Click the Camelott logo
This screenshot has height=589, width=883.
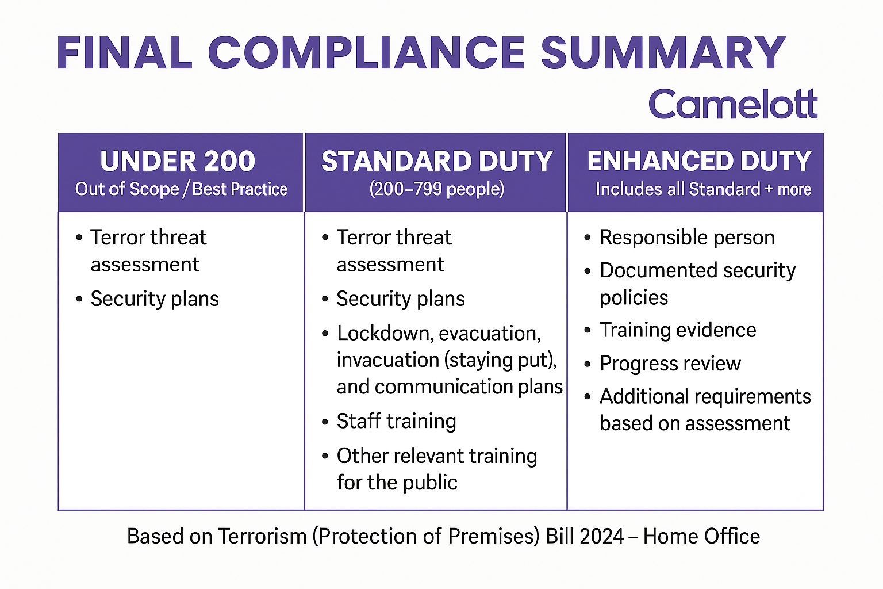coord(733,104)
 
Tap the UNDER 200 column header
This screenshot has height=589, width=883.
coord(178,161)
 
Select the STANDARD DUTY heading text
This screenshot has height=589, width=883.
coord(436,161)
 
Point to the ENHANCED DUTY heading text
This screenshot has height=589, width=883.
coord(699,161)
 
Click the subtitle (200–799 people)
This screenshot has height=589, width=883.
coord(436,189)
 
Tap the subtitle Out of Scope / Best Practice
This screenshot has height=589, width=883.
coord(181,189)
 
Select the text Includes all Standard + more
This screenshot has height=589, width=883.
coord(703,189)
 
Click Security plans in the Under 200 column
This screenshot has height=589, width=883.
coord(155,299)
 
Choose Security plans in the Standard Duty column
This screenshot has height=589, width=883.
coord(401,299)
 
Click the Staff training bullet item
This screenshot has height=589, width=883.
coord(396,421)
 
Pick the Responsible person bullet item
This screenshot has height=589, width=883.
coord(687,238)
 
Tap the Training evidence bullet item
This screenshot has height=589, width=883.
coord(678,330)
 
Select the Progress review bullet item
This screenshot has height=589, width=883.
coord(670,364)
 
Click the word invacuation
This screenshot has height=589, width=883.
coord(388,360)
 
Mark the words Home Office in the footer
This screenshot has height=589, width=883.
coord(701,536)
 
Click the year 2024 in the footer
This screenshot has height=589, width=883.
coord(601,536)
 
